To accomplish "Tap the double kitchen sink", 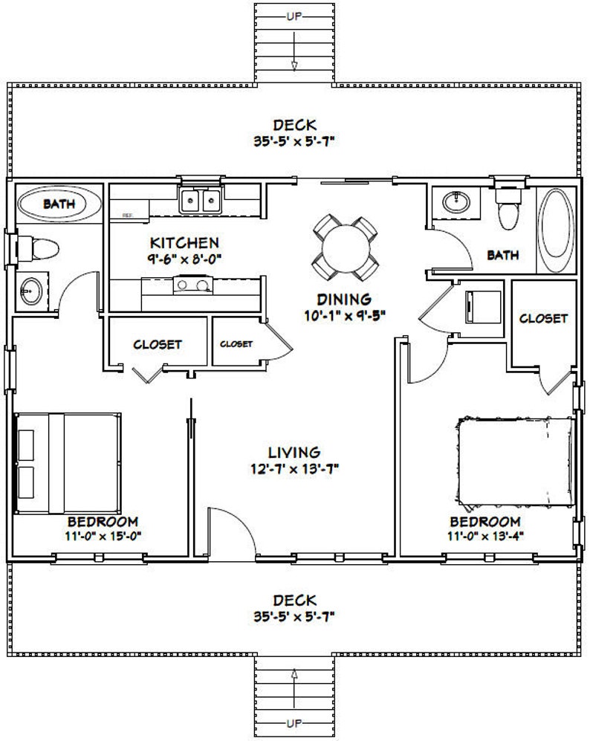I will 201,200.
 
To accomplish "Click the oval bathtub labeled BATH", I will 52,203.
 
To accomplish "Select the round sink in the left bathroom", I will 31,290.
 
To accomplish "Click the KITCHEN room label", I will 184,243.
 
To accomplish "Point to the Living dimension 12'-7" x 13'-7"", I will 294,468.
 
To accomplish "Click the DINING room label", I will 343,300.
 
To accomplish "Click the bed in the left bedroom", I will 68,462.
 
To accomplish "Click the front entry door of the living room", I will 227,531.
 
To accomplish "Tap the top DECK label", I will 295,124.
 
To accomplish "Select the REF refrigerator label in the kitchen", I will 127,214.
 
